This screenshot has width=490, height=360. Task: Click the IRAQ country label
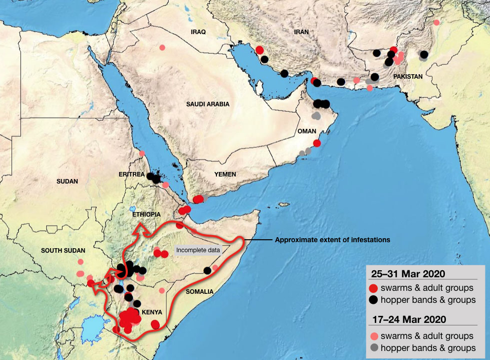(x=198, y=32)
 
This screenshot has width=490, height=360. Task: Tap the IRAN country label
(x=301, y=32)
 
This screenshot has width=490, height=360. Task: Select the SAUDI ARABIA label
(x=207, y=104)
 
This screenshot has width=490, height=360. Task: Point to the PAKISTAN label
(x=408, y=77)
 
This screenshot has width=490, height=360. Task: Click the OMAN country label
(x=307, y=131)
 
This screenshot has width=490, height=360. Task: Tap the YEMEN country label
(x=225, y=174)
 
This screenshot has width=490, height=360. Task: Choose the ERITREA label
(x=132, y=174)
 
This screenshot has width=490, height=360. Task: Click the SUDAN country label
(x=68, y=182)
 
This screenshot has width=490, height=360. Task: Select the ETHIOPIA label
(x=146, y=214)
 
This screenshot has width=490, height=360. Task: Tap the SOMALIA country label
(x=199, y=291)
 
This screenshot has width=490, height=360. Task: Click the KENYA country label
(x=152, y=312)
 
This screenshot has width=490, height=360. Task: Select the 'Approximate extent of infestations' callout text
(x=332, y=240)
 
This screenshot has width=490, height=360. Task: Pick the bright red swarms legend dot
(x=373, y=288)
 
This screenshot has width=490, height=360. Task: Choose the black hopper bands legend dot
(x=373, y=300)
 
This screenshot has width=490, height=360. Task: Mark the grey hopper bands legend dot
(x=373, y=347)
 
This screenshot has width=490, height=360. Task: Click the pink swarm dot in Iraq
(x=162, y=48)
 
